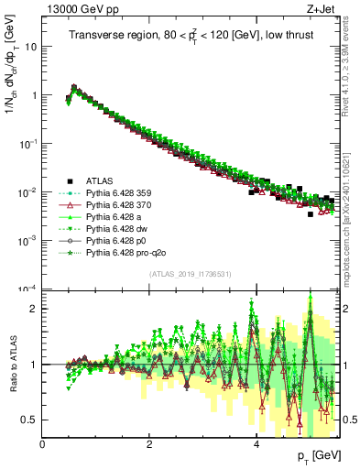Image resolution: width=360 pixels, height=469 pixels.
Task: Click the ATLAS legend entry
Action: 98,181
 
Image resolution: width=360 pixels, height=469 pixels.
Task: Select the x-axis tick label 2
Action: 149,443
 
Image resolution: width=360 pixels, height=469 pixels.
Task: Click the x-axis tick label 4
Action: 256,443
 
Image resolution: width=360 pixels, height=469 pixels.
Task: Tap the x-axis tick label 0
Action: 43,443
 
